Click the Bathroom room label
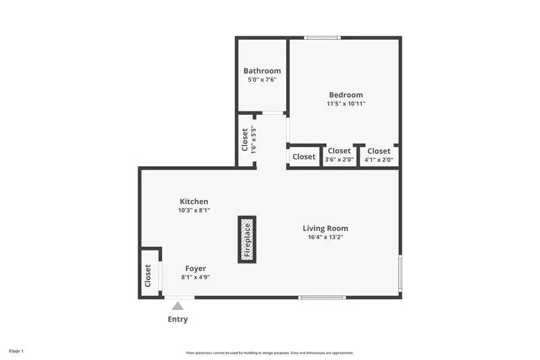coord(262,71)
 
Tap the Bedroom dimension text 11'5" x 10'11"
coord(346,103)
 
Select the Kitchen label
coord(194,201)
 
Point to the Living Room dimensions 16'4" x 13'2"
coord(325,237)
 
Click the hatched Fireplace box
coord(247,239)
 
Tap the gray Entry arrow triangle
coord(178,306)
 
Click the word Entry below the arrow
coord(178,319)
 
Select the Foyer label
coord(196,268)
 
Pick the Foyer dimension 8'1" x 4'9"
coord(196,277)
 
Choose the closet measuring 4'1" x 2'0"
coord(379,156)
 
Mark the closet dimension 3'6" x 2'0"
coord(340,159)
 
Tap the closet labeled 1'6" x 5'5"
coord(246,140)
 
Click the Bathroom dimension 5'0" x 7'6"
coord(262,80)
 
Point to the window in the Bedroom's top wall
coord(323,38)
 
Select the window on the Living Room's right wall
coord(400,272)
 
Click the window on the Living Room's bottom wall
coord(322,297)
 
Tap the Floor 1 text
coord(16,351)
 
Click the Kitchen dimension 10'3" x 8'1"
coord(194,210)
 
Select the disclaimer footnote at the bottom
coord(269,353)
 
